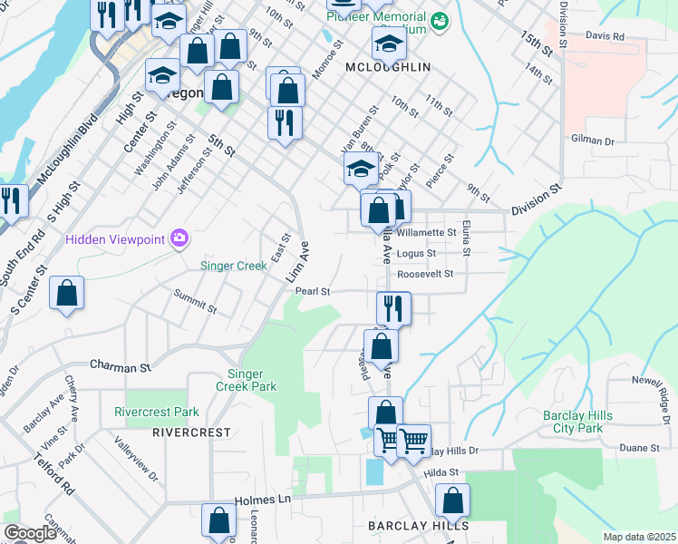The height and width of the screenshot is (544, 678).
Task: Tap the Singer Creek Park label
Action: coord(252,380)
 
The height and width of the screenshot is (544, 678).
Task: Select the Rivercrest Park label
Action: coord(157,412)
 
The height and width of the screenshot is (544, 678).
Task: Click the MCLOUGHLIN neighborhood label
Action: coord(387,67)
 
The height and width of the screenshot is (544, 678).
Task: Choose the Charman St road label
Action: coord(120,367)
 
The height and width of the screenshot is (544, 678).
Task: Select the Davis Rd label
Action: coord(605,36)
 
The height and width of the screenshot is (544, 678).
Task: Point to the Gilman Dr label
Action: coord(593,141)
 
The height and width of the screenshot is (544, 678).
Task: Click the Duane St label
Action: coord(640,448)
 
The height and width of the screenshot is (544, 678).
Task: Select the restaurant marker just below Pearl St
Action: coord(393,308)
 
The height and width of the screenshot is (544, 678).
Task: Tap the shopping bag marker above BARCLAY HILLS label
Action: coord(452,500)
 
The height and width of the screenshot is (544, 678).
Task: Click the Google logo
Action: coord(30,533)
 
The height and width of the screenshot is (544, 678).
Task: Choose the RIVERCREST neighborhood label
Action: coord(191,432)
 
